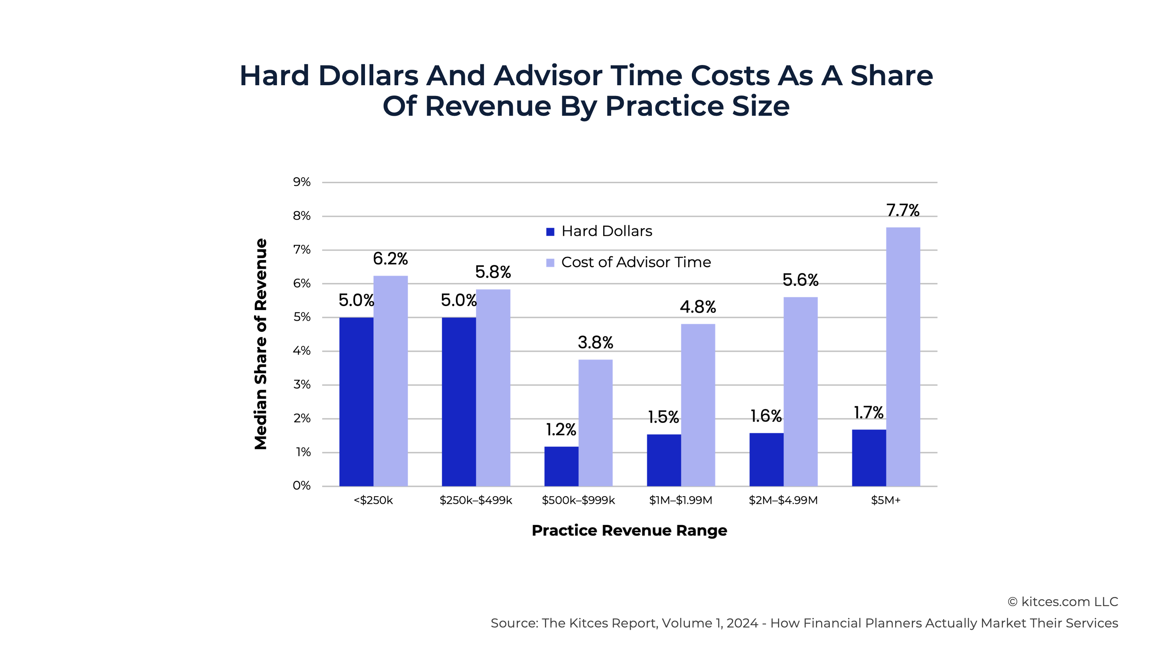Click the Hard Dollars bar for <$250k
click(356, 401)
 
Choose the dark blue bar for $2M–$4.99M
click(766, 459)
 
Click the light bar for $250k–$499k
click(493, 387)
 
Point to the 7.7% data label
click(902, 210)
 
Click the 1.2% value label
click(561, 430)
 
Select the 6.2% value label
click(390, 259)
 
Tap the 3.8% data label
click(595, 342)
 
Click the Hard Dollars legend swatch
click(550, 232)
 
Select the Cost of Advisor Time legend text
click(636, 262)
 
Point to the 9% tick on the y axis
click(302, 182)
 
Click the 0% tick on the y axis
click(302, 486)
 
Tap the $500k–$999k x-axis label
click(578, 500)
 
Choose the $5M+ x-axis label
click(886, 500)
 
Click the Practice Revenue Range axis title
click(629, 530)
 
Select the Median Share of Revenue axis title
click(260, 344)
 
